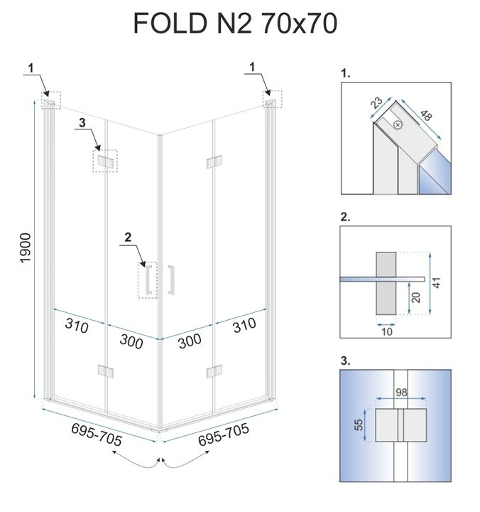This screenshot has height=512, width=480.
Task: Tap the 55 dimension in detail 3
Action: tap(359, 426)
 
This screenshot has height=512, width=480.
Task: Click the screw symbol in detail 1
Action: tap(397, 125)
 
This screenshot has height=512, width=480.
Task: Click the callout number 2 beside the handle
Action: tap(128, 237)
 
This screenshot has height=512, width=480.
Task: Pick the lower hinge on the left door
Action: tap(105, 371)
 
